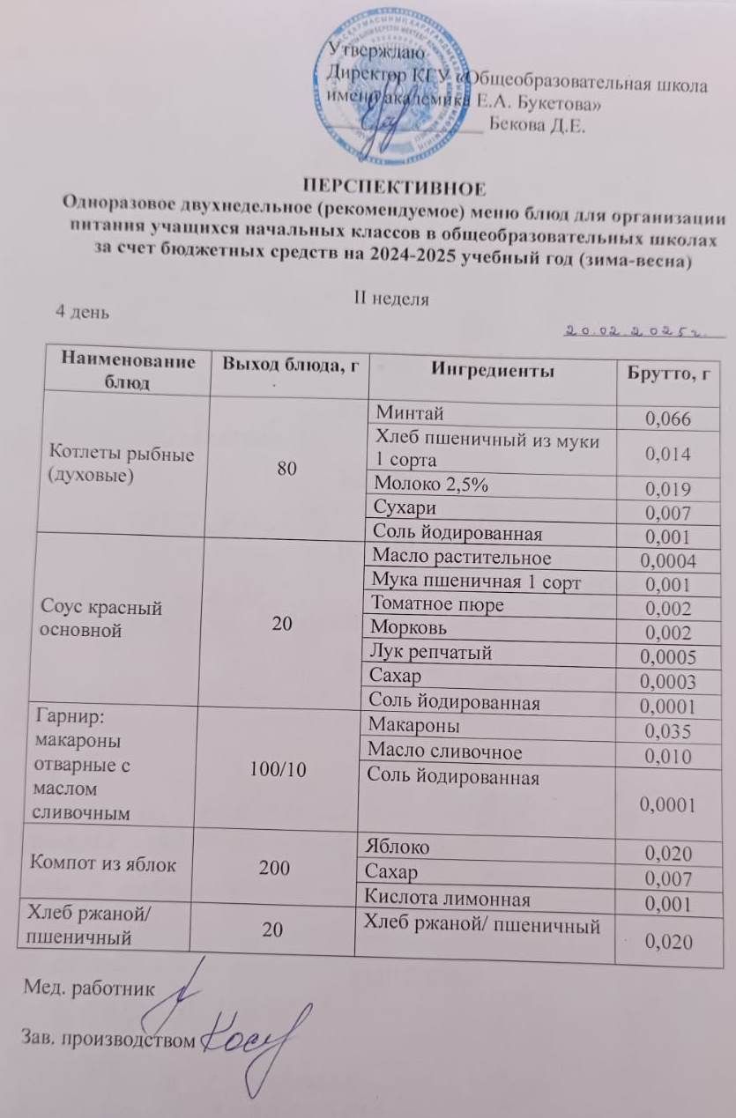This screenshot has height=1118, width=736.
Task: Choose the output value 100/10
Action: (279, 770)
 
